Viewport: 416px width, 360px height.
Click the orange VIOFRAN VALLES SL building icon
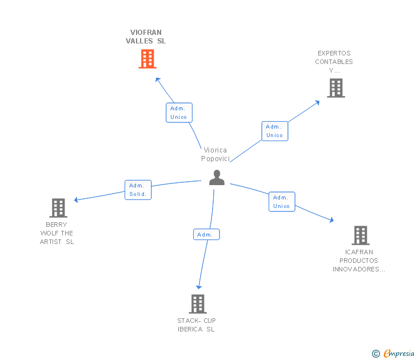(147, 59)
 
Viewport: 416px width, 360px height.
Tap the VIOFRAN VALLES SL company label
(146, 37)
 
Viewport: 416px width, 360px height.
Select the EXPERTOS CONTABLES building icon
(336, 88)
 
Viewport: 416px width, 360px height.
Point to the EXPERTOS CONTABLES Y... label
(334, 62)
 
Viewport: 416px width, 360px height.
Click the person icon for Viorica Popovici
(217, 178)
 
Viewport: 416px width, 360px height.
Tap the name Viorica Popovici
(215, 154)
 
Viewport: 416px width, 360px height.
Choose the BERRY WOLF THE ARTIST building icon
(58, 208)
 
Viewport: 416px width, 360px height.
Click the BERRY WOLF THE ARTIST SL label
(57, 233)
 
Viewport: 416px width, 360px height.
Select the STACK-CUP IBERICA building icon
(197, 304)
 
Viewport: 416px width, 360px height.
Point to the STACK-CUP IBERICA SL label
(197, 325)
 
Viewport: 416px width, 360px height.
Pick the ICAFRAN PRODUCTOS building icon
(360, 235)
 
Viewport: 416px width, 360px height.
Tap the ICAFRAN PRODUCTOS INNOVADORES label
(359, 261)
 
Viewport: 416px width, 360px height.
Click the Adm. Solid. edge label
(138, 190)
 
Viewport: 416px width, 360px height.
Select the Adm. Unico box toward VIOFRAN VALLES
(179, 113)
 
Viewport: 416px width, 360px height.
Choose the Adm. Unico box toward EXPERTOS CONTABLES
(274, 131)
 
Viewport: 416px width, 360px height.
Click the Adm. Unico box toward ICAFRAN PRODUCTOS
(282, 202)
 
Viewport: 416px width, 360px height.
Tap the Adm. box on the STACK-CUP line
(206, 234)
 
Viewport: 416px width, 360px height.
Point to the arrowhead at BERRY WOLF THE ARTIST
(77, 200)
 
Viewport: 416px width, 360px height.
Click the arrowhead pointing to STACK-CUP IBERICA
(199, 287)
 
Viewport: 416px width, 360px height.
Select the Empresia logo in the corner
(393, 354)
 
